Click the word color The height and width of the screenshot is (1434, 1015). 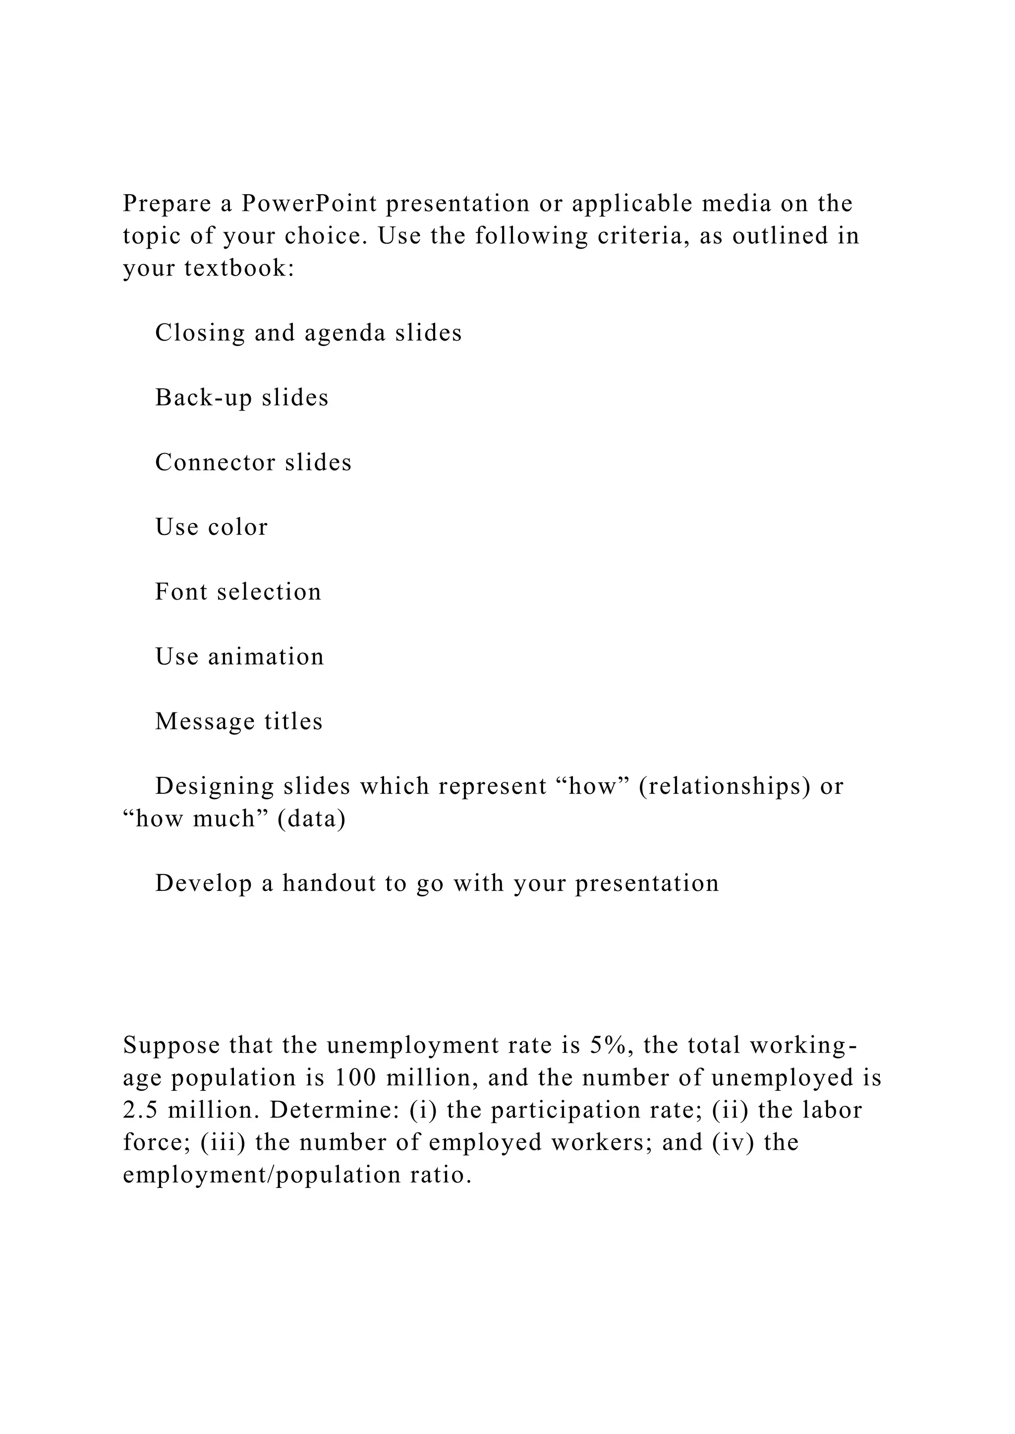coord(237,528)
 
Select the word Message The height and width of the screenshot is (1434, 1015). coord(204,722)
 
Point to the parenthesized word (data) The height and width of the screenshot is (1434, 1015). coord(311,819)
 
